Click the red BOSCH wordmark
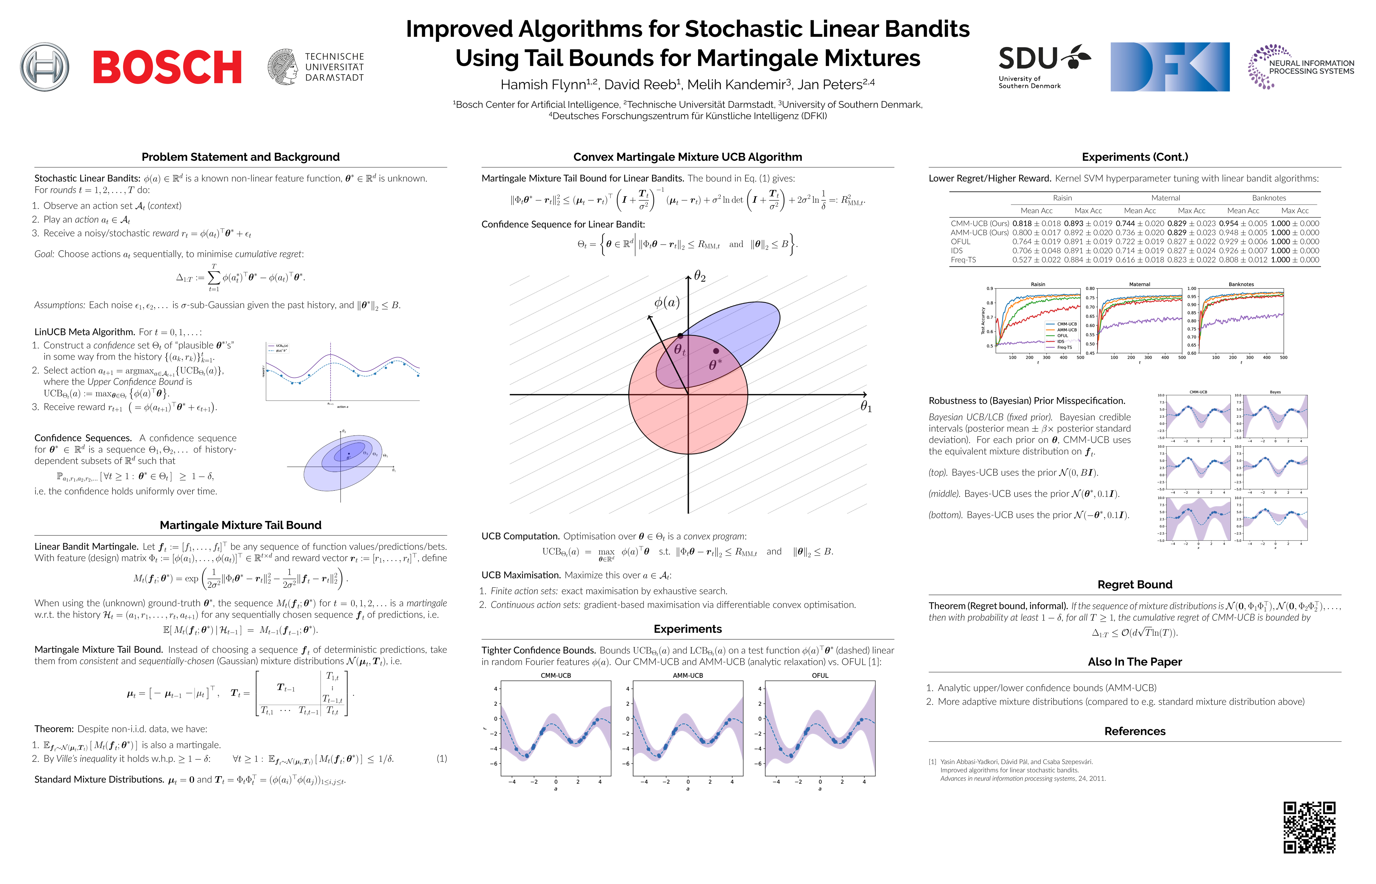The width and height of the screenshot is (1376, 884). click(x=167, y=67)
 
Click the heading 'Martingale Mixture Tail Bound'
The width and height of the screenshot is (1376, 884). click(x=240, y=525)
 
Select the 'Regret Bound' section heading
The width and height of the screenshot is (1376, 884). click(x=1134, y=584)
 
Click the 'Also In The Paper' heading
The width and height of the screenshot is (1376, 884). click(x=1134, y=662)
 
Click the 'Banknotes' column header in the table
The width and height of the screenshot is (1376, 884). click(x=1268, y=198)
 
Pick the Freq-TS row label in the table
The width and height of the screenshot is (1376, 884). click(x=963, y=260)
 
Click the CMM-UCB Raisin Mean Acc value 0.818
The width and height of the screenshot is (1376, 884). click(x=1022, y=223)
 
